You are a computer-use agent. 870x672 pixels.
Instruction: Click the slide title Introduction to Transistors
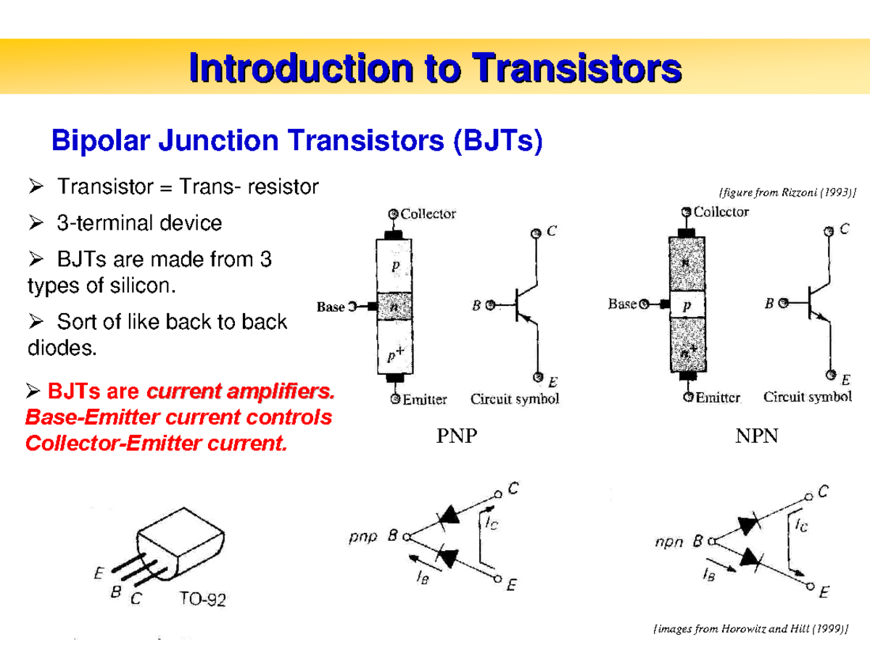pos(435,71)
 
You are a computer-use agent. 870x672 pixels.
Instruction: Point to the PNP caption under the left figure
pos(457,436)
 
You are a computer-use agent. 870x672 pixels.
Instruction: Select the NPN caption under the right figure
pos(758,436)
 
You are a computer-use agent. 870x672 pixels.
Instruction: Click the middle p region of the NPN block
pos(686,305)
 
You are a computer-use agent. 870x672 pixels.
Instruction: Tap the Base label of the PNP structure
pos(331,307)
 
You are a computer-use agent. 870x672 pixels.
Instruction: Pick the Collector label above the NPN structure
pos(721,212)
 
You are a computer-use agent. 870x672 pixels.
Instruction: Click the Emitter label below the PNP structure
pos(425,399)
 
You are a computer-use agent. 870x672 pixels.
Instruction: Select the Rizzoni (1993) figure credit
pos(787,192)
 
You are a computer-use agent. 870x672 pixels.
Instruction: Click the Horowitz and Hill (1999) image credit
pos(750,629)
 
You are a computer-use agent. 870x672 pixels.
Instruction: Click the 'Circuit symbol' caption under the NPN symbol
pos(807,397)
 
